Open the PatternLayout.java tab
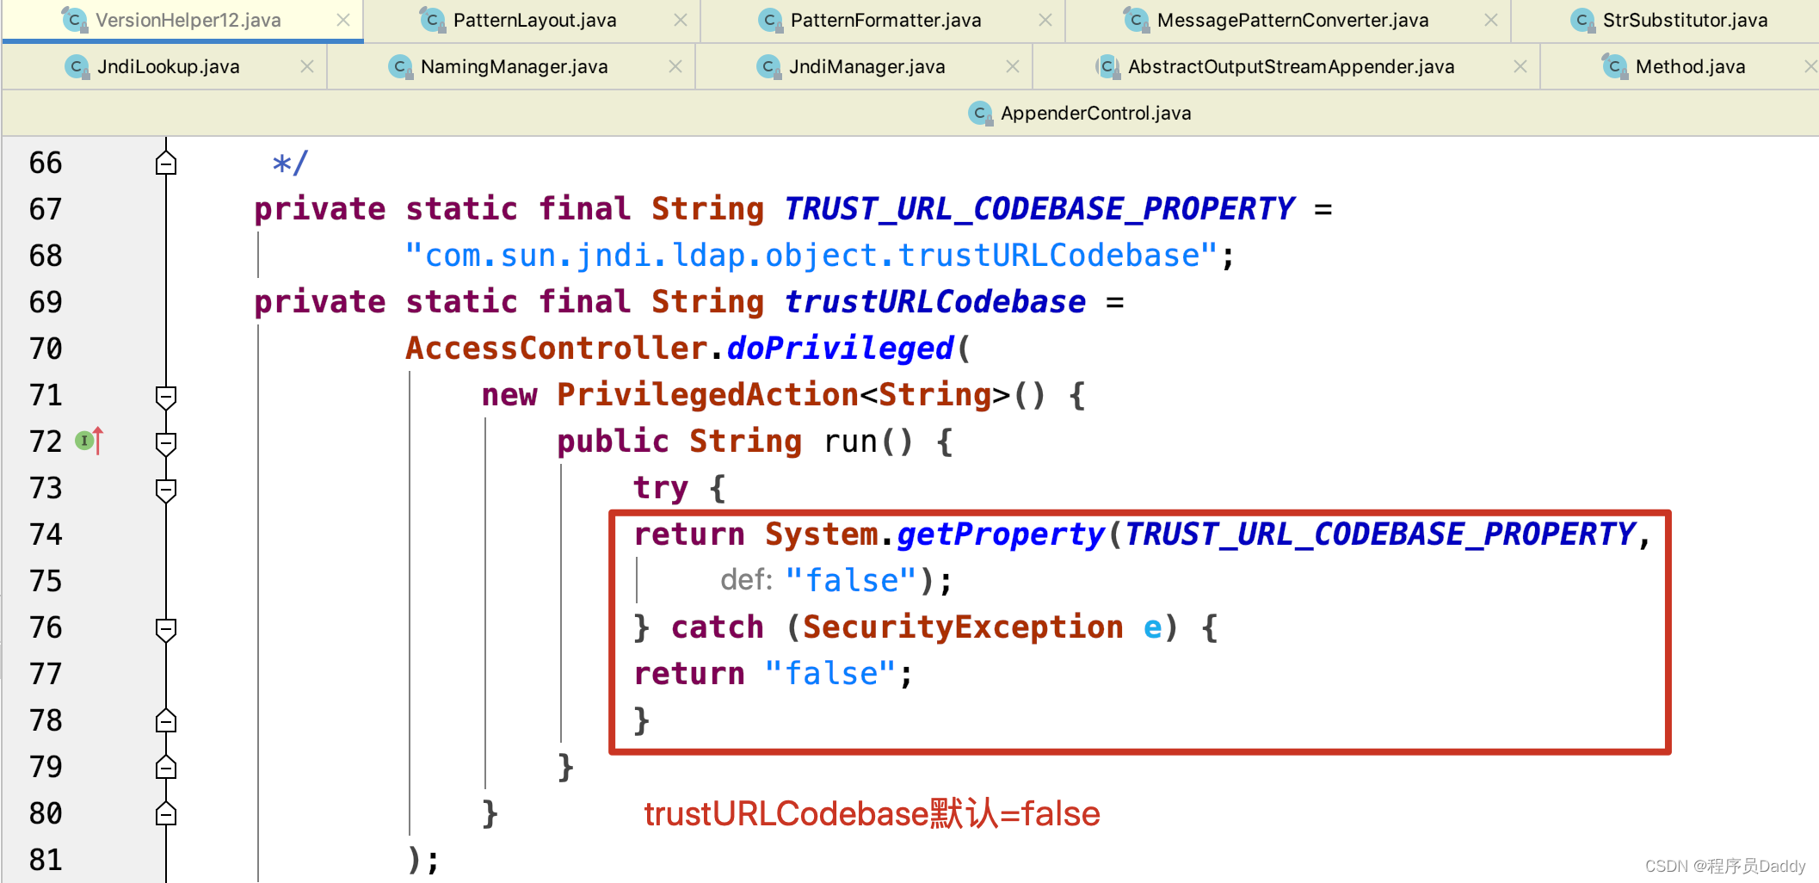[x=533, y=20]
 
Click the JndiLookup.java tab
[x=168, y=66]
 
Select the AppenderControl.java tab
[x=1094, y=113]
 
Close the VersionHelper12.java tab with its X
[x=343, y=20]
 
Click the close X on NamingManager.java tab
[x=675, y=66]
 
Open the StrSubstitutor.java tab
[x=1684, y=20]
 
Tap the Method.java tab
[x=1690, y=66]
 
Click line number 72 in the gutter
[x=46, y=441]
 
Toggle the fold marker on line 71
[x=166, y=397]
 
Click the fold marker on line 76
[x=166, y=629]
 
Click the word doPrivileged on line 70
[x=840, y=349]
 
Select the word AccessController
[x=557, y=349]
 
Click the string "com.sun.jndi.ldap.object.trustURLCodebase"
[x=811, y=256]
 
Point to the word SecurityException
[x=962, y=627]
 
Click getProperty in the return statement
[x=1000, y=534]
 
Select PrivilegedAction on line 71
[x=707, y=395]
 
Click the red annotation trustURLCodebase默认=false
[x=872, y=813]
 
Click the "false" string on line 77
[x=830, y=674]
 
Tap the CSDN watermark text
[x=1724, y=866]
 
